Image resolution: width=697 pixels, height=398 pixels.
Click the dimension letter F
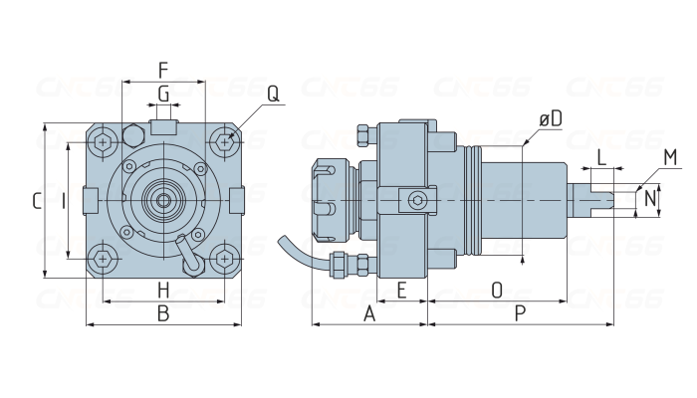(x=163, y=71)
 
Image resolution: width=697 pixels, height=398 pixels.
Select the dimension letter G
(x=163, y=95)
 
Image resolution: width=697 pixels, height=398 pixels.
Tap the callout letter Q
(x=274, y=95)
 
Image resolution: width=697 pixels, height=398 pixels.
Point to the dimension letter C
(x=38, y=201)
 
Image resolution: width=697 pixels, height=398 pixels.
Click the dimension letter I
(x=64, y=201)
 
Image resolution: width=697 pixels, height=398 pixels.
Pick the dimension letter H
(x=163, y=291)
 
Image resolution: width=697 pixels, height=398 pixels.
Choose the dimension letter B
(x=163, y=313)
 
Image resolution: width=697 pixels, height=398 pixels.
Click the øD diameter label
(x=551, y=118)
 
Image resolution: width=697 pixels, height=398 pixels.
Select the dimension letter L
(x=601, y=157)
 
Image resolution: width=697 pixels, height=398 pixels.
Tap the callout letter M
(x=670, y=157)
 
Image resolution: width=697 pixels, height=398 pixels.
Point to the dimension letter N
(x=650, y=198)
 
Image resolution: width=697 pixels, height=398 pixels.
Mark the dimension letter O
(x=497, y=291)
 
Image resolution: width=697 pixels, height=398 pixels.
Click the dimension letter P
(x=520, y=313)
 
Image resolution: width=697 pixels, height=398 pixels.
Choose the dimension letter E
(x=401, y=291)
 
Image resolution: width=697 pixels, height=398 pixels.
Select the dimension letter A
(x=369, y=313)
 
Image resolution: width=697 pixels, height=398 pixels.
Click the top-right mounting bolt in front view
(x=225, y=142)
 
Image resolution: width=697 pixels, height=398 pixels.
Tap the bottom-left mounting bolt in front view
(x=104, y=259)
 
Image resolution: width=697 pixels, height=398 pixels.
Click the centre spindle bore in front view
(x=163, y=201)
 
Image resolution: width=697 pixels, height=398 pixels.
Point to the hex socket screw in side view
(x=417, y=201)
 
